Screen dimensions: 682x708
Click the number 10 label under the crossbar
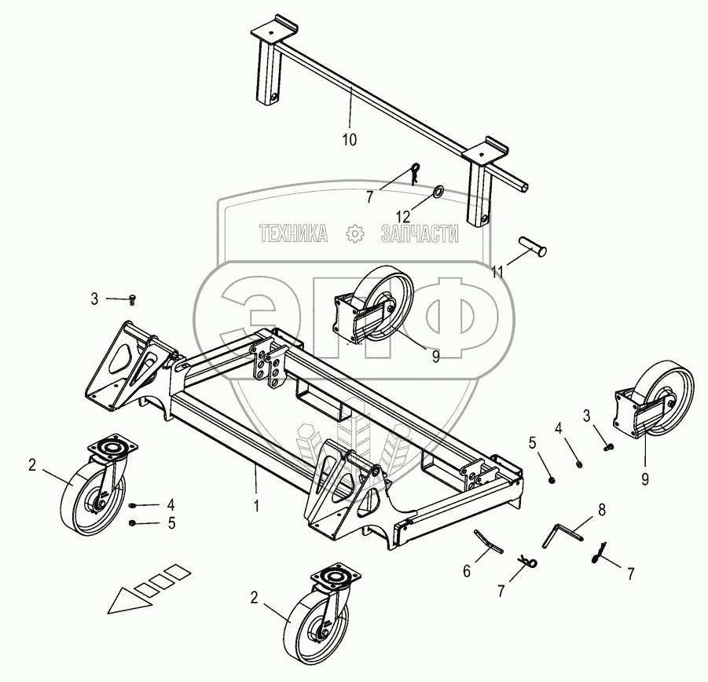(350, 139)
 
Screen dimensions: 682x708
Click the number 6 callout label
(467, 571)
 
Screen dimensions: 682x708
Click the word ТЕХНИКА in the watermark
(294, 233)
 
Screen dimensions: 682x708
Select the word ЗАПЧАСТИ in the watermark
(419, 233)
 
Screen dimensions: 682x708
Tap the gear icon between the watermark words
(354, 233)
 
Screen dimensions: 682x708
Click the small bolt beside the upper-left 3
(133, 299)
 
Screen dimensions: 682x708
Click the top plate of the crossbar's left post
(272, 35)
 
